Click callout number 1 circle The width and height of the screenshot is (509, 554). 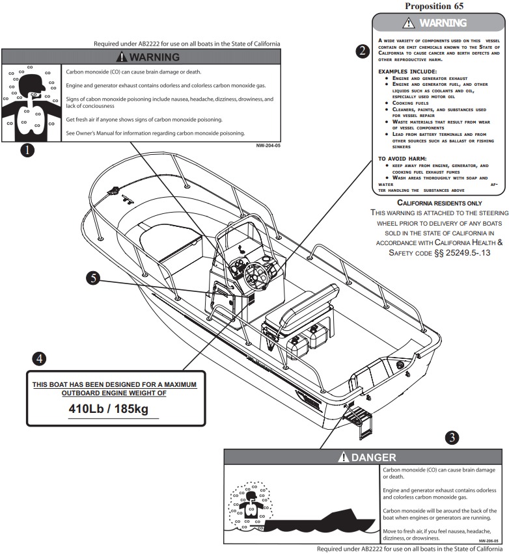click(27, 150)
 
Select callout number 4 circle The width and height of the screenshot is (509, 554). click(41, 358)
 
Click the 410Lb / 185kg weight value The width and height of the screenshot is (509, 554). click(115, 410)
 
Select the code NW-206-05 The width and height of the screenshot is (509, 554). click(489, 540)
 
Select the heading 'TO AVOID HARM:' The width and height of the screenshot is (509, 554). click(402, 158)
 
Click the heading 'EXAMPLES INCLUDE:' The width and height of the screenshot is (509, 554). click(407, 71)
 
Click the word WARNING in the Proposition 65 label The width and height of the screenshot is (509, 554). click(443, 23)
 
